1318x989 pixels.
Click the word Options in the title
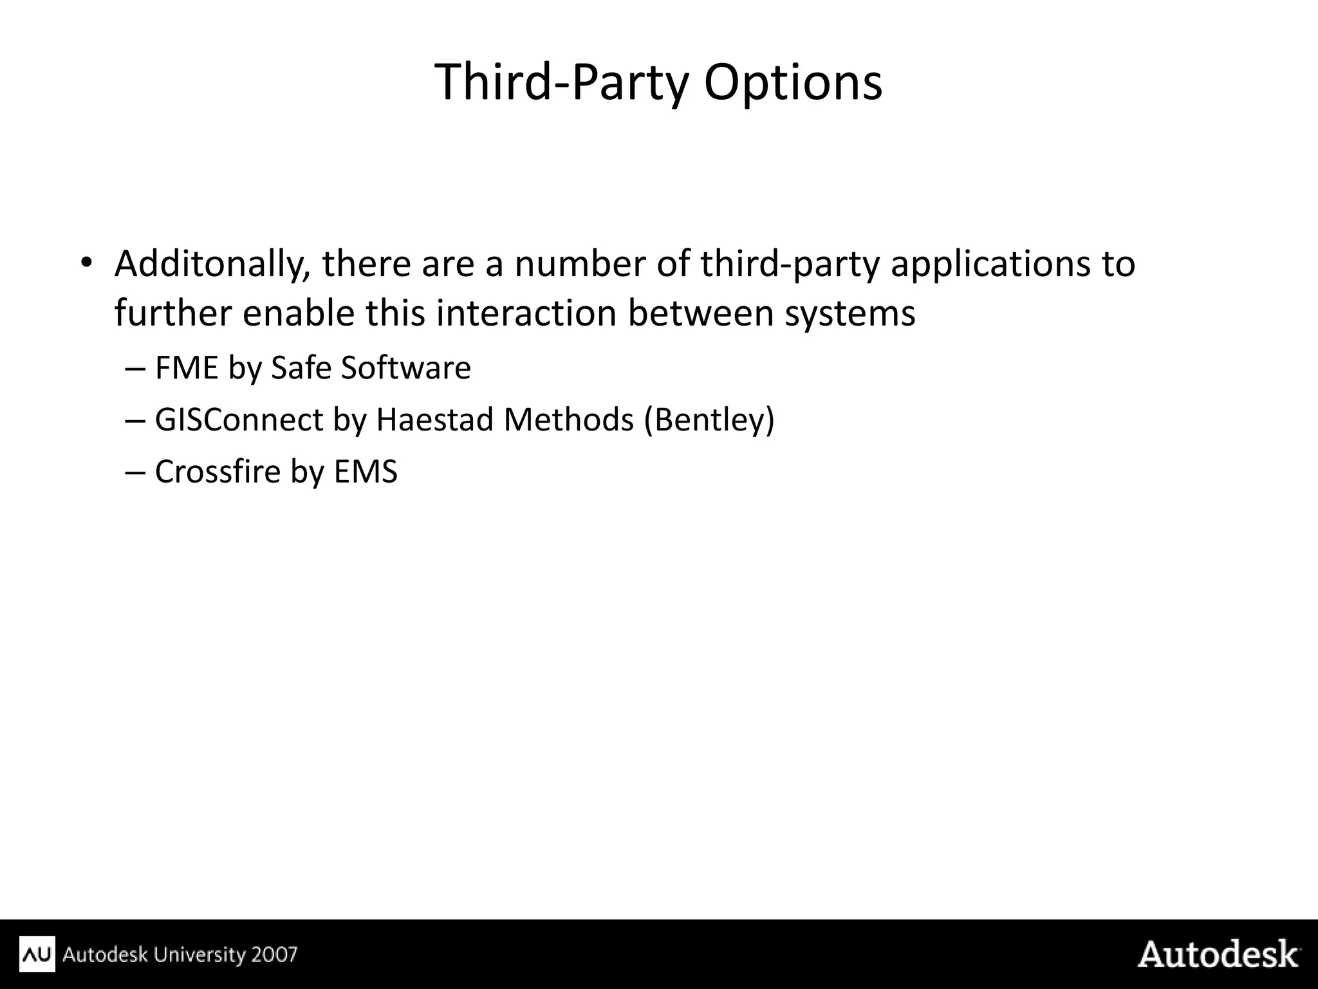pos(793,82)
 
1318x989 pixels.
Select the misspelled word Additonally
pos(212,264)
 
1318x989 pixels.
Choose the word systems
pos(849,313)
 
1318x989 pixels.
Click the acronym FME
pos(187,368)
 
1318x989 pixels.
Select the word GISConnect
pos(239,420)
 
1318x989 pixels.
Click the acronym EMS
pos(366,471)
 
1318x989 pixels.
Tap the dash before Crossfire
pos(135,472)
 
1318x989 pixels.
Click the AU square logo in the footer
pos(37,954)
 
